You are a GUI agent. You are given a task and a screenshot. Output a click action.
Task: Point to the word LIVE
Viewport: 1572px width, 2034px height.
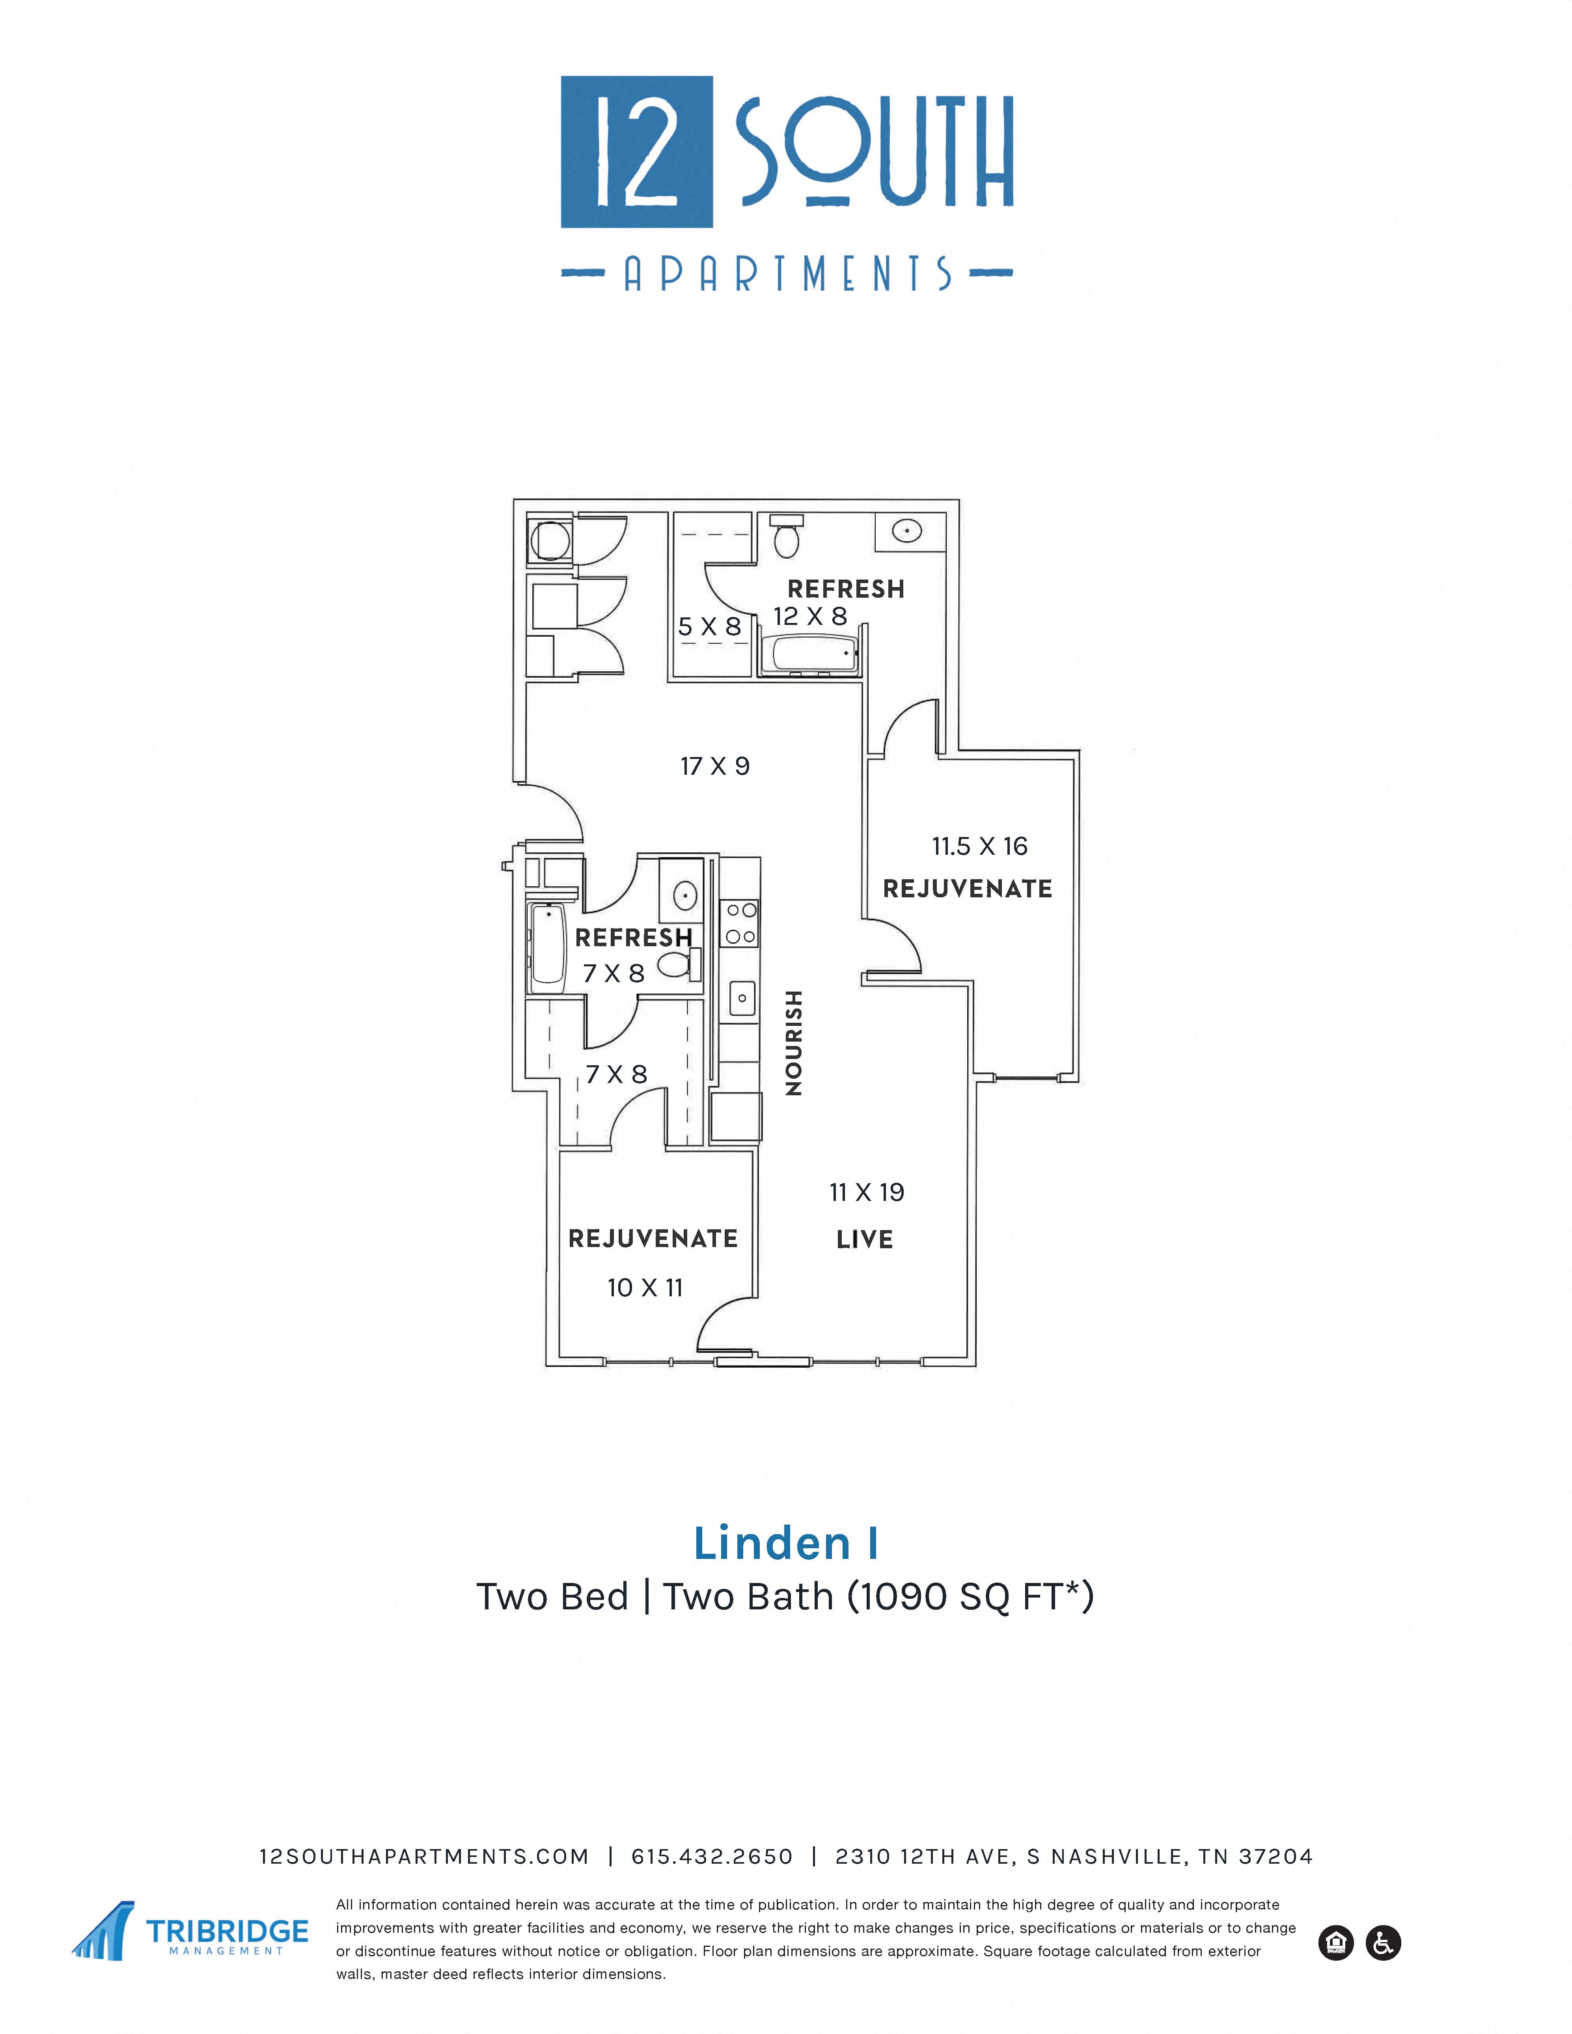(x=864, y=1240)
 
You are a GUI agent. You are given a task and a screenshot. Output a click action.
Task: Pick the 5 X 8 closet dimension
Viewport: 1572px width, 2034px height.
(x=710, y=627)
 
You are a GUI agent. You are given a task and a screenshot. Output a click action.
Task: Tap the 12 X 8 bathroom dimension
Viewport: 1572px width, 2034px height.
(x=810, y=615)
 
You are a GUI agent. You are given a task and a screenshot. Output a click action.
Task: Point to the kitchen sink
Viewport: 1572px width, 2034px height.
(x=742, y=998)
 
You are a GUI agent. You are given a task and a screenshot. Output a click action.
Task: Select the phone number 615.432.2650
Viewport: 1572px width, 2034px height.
(x=712, y=1857)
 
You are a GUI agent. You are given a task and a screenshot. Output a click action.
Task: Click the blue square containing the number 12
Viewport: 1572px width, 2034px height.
(x=637, y=152)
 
